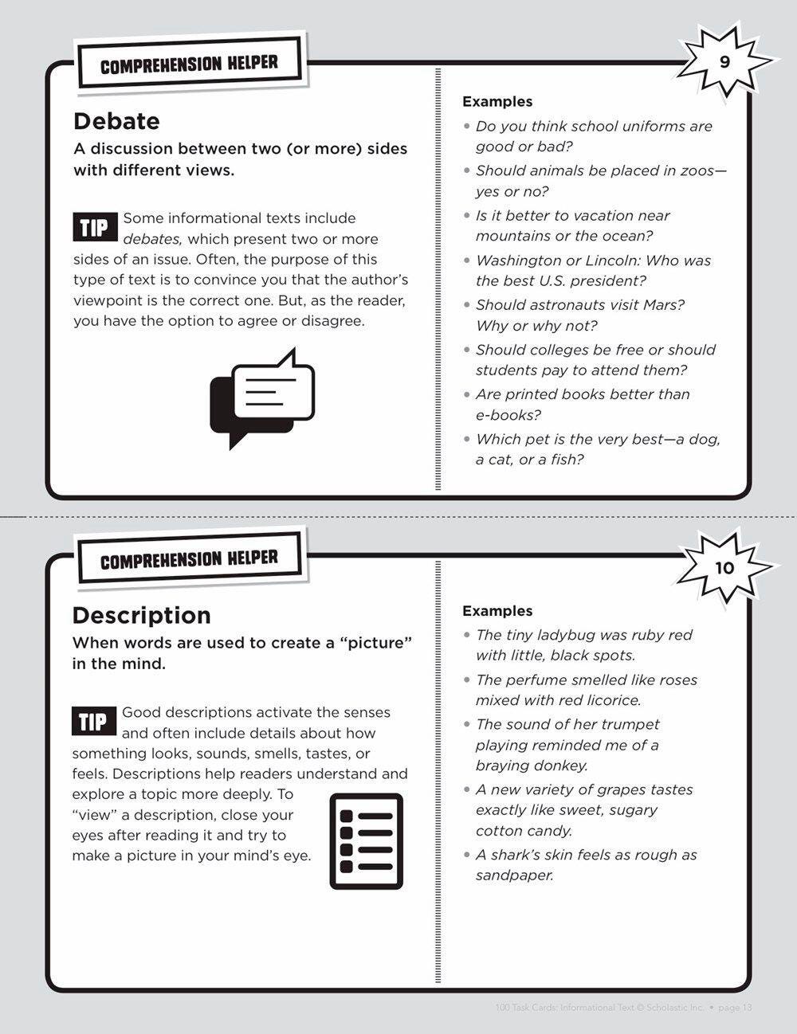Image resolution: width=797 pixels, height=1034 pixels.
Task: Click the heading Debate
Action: coord(116,121)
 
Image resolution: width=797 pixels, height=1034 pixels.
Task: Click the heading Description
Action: coord(142,615)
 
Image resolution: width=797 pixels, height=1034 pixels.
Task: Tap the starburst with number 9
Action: coord(724,63)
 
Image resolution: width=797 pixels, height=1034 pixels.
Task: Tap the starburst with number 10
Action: coord(724,568)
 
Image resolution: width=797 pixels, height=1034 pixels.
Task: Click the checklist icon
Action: coord(367,840)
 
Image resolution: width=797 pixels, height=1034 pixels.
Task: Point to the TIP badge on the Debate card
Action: coord(94,228)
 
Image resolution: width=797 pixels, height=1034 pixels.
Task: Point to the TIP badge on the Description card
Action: coord(93,722)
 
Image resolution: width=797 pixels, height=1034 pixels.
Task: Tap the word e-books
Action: coord(508,415)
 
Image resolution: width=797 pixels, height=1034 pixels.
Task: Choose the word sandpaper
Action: coord(514,875)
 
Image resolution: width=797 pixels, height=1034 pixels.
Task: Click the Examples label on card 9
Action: coord(497,102)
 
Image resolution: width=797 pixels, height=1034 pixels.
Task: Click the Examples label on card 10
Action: coord(497,611)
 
